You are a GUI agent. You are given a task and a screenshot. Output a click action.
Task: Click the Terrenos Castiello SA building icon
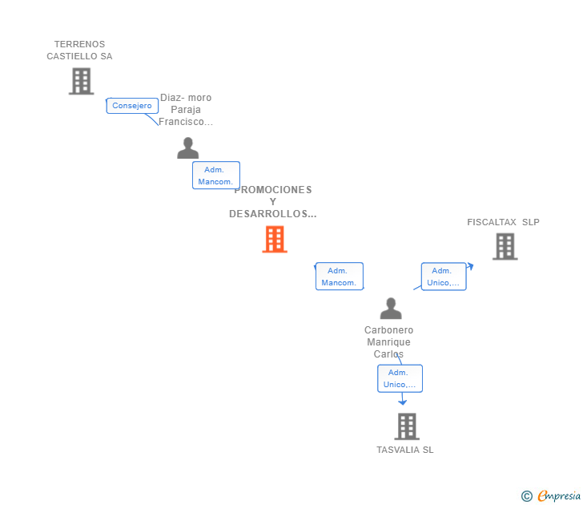81,81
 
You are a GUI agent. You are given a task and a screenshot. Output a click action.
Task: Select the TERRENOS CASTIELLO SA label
79,50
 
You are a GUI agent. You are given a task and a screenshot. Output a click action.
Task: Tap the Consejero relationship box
132,106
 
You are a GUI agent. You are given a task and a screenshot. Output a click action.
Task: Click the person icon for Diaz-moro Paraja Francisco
188,148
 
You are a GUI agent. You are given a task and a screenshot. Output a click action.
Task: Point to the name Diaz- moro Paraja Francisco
186,110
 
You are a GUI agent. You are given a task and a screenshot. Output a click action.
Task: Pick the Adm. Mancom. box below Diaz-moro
215,176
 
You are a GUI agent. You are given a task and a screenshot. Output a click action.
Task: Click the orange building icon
275,239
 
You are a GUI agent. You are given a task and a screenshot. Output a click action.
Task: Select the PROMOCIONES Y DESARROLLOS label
273,202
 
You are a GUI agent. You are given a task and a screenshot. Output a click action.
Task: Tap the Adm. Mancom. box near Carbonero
339,277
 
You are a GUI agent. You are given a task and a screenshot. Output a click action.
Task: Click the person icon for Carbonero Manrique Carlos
391,309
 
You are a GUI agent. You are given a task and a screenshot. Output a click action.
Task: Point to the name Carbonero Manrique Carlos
388,341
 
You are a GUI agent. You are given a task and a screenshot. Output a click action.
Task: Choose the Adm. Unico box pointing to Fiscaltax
444,277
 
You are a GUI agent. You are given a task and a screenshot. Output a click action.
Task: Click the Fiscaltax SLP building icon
505,247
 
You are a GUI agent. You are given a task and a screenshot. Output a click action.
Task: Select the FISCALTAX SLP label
504,222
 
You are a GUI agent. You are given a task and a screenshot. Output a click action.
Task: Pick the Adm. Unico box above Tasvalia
400,378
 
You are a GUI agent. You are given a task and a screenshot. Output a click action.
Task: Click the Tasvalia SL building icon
407,426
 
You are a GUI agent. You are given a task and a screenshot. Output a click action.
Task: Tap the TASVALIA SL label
405,450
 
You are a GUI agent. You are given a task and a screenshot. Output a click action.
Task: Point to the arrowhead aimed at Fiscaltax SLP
470,266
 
